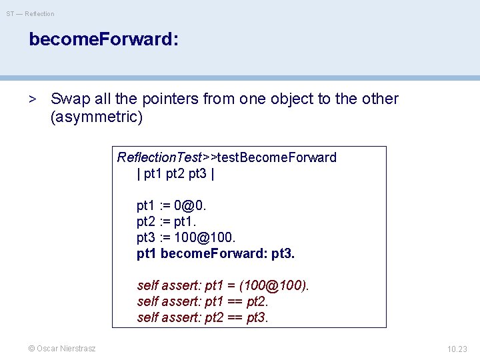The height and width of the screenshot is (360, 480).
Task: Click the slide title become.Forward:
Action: (103, 39)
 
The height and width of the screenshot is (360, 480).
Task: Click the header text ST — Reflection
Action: (31, 13)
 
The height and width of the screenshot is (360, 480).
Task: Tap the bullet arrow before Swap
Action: (32, 99)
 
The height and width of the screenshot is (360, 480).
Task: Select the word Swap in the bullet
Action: (70, 99)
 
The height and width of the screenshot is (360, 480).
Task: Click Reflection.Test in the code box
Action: (159, 157)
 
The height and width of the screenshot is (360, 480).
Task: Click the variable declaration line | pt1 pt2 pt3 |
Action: (175, 174)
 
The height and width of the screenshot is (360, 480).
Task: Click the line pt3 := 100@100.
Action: (186, 238)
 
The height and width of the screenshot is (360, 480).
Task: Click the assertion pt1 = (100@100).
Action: (257, 285)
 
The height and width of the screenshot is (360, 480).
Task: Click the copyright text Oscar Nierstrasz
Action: (61, 348)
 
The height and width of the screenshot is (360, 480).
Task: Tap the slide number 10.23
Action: (457, 348)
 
